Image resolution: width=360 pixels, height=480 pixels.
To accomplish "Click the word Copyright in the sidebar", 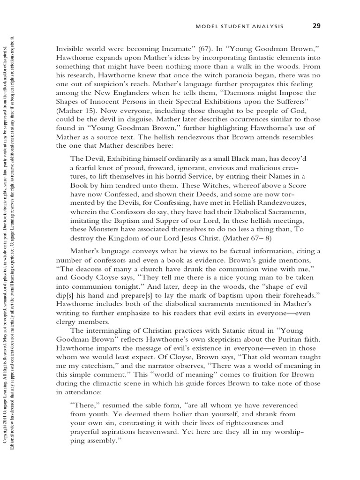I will click(5, 431).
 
